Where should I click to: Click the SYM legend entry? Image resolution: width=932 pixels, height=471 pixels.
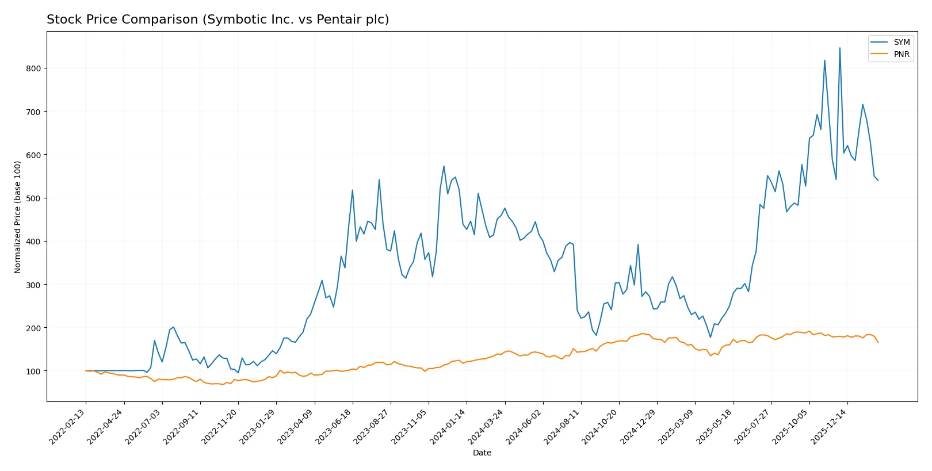901,42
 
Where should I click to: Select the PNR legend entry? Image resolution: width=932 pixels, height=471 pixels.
901,54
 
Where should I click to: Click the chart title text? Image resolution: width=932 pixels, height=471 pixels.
217,20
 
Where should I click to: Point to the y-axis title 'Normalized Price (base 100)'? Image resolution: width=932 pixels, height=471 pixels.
18,217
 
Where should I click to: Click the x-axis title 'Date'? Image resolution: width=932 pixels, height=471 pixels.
482,453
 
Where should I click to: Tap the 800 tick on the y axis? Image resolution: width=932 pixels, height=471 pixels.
33,68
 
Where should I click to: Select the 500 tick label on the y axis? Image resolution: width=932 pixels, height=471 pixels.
33,198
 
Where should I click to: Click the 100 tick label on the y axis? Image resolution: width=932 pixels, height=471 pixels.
33,372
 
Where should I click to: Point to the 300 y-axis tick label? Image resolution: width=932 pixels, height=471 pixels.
33,285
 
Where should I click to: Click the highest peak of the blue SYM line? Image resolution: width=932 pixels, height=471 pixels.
839,48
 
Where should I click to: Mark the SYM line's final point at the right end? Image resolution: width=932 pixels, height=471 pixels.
878,181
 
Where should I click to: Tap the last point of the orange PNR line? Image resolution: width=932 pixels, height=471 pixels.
878,342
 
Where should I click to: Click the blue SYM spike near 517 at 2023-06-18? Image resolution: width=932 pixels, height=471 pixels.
353,190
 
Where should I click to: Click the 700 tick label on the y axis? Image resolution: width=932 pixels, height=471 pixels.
33,112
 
